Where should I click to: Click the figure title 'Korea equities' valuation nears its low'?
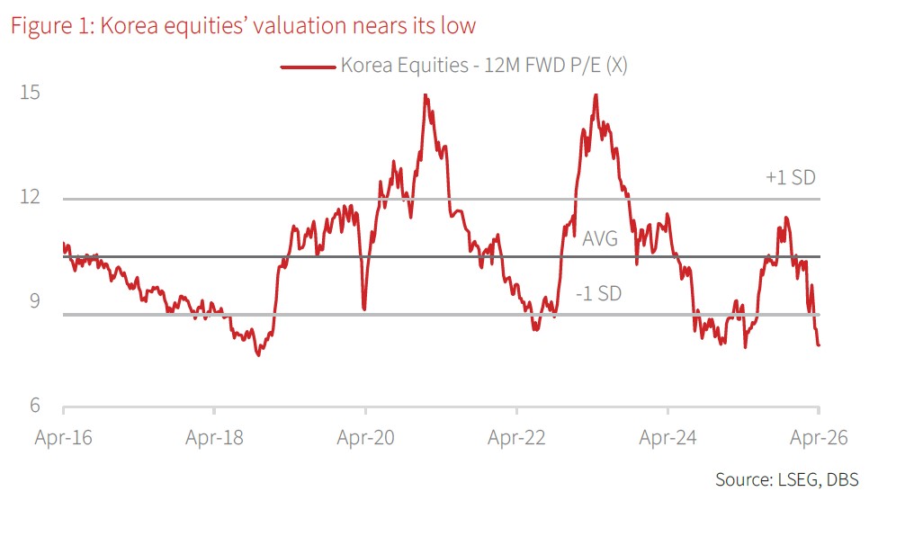[288, 26]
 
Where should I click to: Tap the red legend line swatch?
[309, 67]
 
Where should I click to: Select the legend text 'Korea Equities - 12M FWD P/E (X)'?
[484, 65]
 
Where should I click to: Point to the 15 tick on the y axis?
[30, 93]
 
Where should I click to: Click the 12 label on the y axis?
[30, 197]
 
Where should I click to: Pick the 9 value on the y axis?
[35, 301]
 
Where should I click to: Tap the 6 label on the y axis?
[35, 405]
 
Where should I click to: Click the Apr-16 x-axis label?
[64, 437]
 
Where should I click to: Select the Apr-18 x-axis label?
[214, 437]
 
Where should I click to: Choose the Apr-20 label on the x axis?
[365, 437]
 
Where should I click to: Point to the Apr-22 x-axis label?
[516, 437]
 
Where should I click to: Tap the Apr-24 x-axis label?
[668, 437]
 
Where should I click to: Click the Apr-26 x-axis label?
[819, 437]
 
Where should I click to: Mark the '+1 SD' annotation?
[791, 177]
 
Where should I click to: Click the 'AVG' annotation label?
[600, 238]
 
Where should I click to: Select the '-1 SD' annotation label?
[598, 294]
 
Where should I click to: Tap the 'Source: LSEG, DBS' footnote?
[786, 479]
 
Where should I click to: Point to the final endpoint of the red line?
[819, 345]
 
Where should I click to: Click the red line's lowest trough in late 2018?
[258, 354]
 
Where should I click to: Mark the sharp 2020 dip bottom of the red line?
[364, 309]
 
